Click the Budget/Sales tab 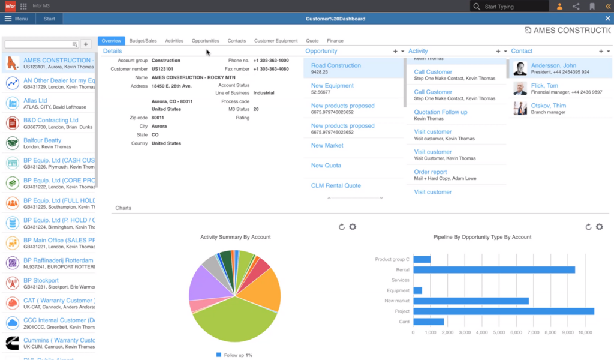tap(143, 41)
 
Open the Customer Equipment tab tap(276, 41)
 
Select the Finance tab tap(335, 41)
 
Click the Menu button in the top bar tap(16, 19)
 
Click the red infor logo tap(10, 7)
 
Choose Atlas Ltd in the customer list tap(35, 101)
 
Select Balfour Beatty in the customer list tap(42, 140)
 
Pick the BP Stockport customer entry tap(41, 281)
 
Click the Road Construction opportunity tap(336, 65)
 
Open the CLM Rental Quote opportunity tap(336, 185)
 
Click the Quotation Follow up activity tap(441, 112)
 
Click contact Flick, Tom tap(545, 86)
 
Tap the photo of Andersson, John tap(520, 68)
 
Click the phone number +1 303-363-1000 tap(270, 61)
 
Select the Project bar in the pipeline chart tap(503, 311)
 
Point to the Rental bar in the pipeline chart tap(493, 270)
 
